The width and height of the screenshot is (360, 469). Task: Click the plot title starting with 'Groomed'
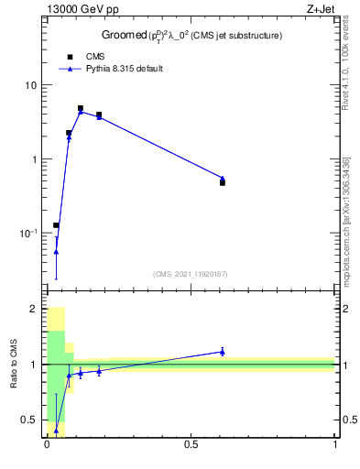click(191, 36)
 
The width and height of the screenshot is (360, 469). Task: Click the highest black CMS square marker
click(81, 108)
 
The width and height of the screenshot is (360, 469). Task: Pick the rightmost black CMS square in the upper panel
click(223, 183)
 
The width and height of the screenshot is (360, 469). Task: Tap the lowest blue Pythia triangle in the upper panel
click(56, 252)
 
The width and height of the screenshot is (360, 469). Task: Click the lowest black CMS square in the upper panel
click(56, 225)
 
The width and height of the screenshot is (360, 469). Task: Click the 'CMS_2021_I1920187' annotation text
click(190, 274)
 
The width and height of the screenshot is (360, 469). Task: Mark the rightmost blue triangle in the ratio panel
click(223, 351)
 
